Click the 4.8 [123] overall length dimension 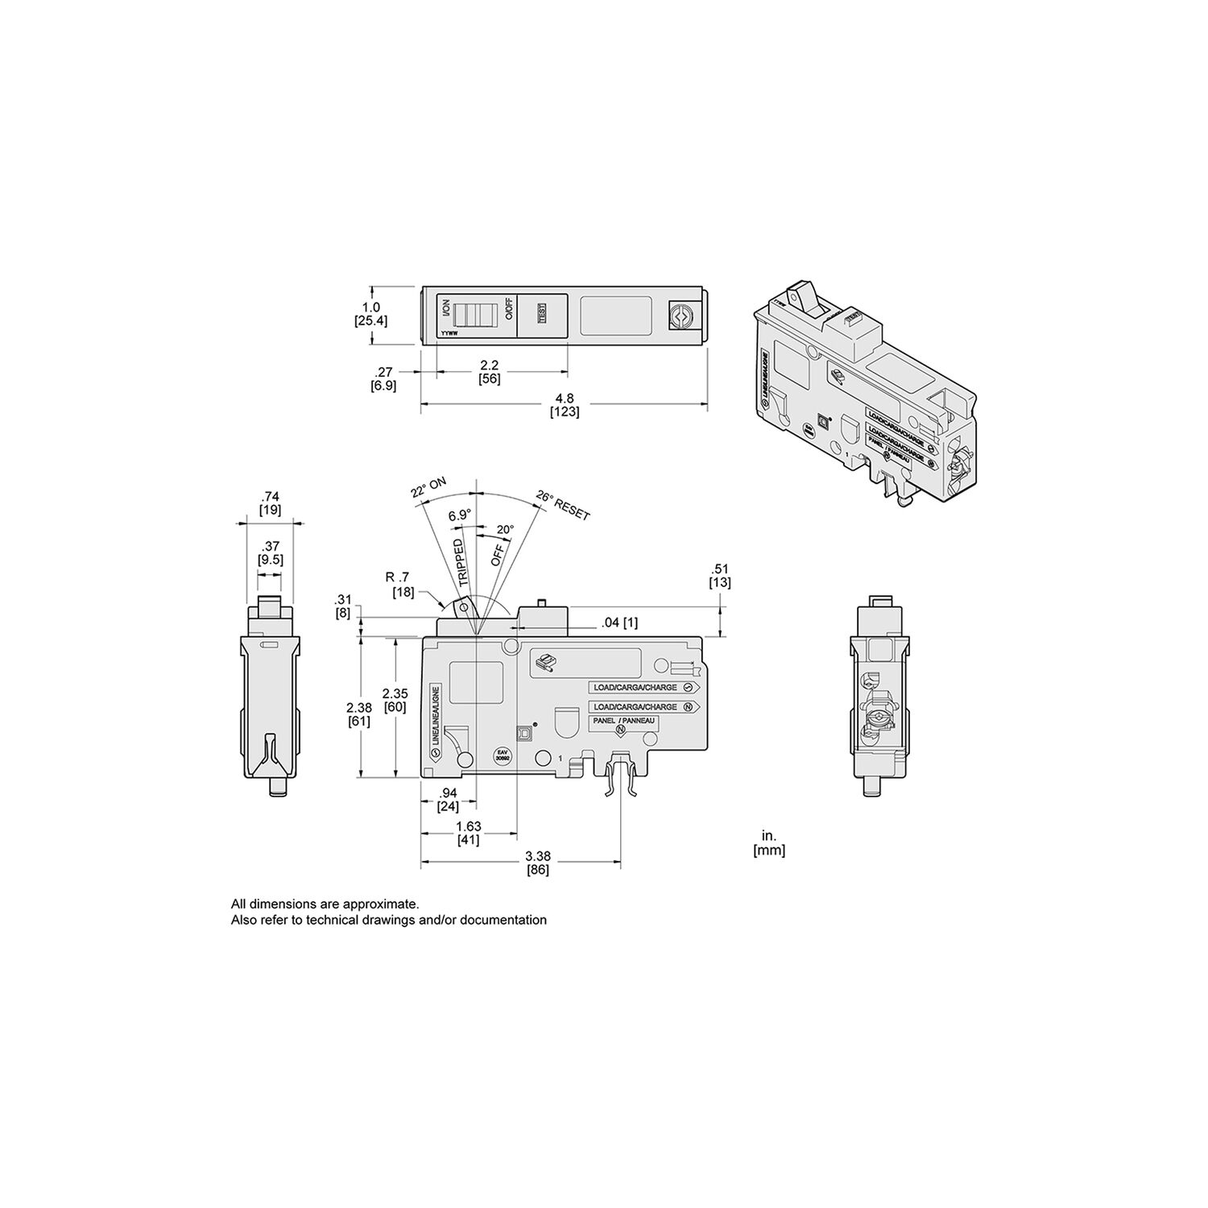tap(565, 404)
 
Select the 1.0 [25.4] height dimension tap(371, 313)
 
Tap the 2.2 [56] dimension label tap(489, 372)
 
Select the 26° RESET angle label tap(563, 506)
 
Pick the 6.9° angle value tap(460, 515)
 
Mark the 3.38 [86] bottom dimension tap(537, 863)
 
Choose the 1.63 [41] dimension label tap(468, 833)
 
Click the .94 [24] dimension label tap(448, 800)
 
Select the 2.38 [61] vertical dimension tap(358, 714)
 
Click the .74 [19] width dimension tap(270, 503)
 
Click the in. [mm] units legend tap(768, 842)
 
